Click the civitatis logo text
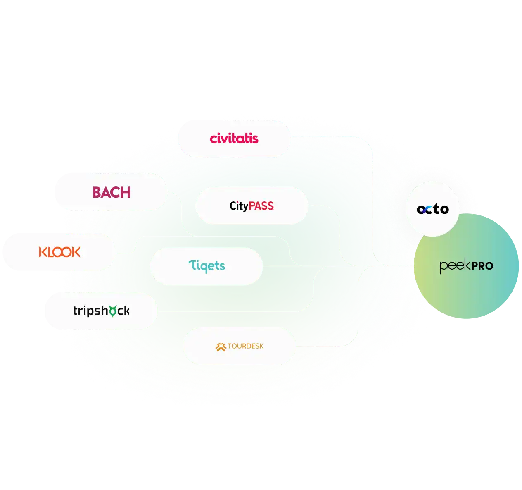[x=234, y=138]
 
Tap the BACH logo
[x=111, y=192]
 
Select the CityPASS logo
[x=252, y=206]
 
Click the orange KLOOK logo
[x=59, y=252]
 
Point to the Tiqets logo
[x=206, y=266]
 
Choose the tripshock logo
[x=101, y=311]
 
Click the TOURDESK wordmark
[x=245, y=346]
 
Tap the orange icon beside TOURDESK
[x=221, y=347]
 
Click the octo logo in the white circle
[x=432, y=209]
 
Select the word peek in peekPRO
[x=453, y=266]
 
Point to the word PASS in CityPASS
[x=261, y=206]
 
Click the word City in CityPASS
[x=239, y=206]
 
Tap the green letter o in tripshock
[x=112, y=311]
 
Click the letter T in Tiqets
[x=193, y=265]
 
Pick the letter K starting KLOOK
[x=43, y=252]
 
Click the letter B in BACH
[x=97, y=192]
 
